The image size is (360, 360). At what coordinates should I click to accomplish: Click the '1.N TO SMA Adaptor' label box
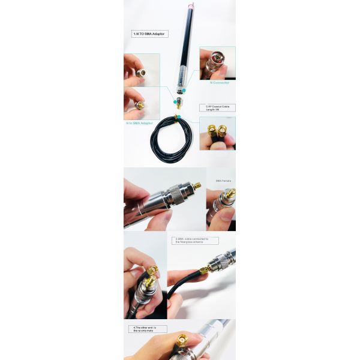tap(149, 34)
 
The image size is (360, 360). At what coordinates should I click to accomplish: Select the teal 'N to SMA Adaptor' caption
tap(140, 122)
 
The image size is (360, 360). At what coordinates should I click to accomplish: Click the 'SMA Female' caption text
tap(223, 180)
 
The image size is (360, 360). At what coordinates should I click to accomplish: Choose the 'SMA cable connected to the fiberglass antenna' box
tap(195, 240)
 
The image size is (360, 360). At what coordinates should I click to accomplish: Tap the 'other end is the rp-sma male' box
tap(148, 329)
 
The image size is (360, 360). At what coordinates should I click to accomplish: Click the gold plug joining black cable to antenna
tap(205, 270)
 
